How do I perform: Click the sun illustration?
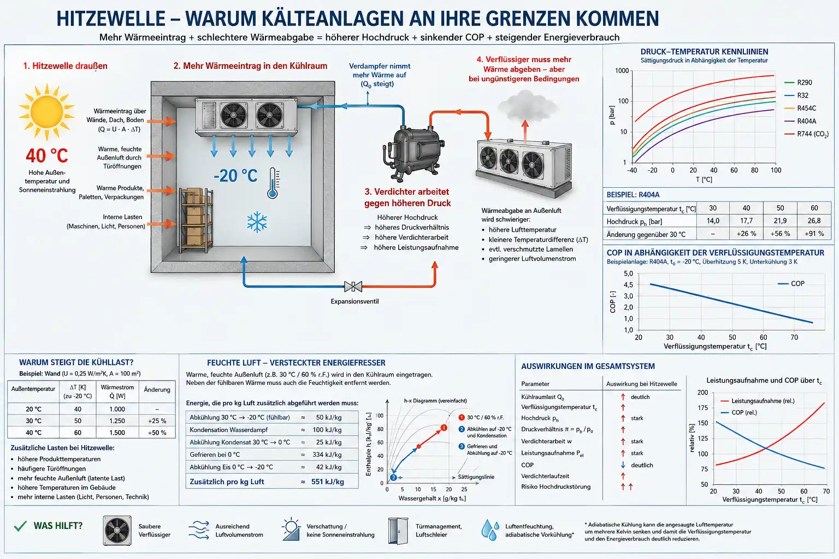pos(47,111)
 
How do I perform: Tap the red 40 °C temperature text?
pos(47,156)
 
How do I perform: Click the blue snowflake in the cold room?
pos(257,222)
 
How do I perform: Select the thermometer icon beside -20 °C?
pos(273,183)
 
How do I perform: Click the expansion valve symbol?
pos(353,287)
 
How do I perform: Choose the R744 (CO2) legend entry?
pos(807,134)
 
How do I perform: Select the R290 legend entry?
pos(798,82)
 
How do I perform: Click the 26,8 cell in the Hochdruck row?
pos(814,221)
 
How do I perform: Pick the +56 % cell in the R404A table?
pos(780,234)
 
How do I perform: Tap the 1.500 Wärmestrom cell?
pos(117,432)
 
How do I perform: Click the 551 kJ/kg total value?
pos(327,482)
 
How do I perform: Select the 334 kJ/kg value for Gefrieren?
pos(327,455)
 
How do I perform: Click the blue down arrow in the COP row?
pos(623,465)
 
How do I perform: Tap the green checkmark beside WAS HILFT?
pos(20,526)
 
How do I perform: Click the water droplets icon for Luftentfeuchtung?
pos(490,530)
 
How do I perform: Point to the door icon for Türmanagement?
pos(398,531)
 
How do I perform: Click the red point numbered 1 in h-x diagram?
pos(444,427)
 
